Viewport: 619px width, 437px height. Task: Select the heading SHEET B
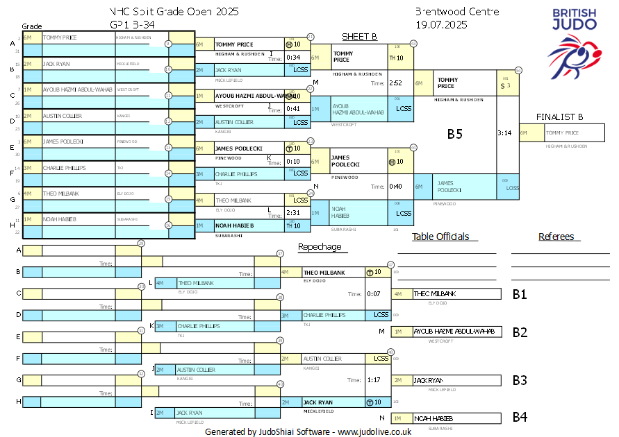(359, 36)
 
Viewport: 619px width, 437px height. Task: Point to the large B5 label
(454, 135)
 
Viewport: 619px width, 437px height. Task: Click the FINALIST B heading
(559, 117)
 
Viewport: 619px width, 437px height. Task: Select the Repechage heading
(320, 246)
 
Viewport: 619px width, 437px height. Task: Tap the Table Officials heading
(440, 237)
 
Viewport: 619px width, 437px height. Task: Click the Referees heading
(556, 237)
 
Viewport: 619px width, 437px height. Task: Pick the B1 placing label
(520, 294)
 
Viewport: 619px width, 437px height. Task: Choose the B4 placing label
(520, 417)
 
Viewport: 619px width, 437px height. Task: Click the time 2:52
(396, 83)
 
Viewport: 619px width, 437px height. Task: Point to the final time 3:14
(505, 132)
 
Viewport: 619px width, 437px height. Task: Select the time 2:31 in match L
(292, 213)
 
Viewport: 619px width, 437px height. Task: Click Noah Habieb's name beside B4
(434, 418)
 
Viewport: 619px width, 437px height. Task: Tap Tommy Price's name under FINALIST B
(563, 132)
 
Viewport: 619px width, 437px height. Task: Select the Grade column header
(31, 26)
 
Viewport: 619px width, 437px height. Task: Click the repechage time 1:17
(373, 379)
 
